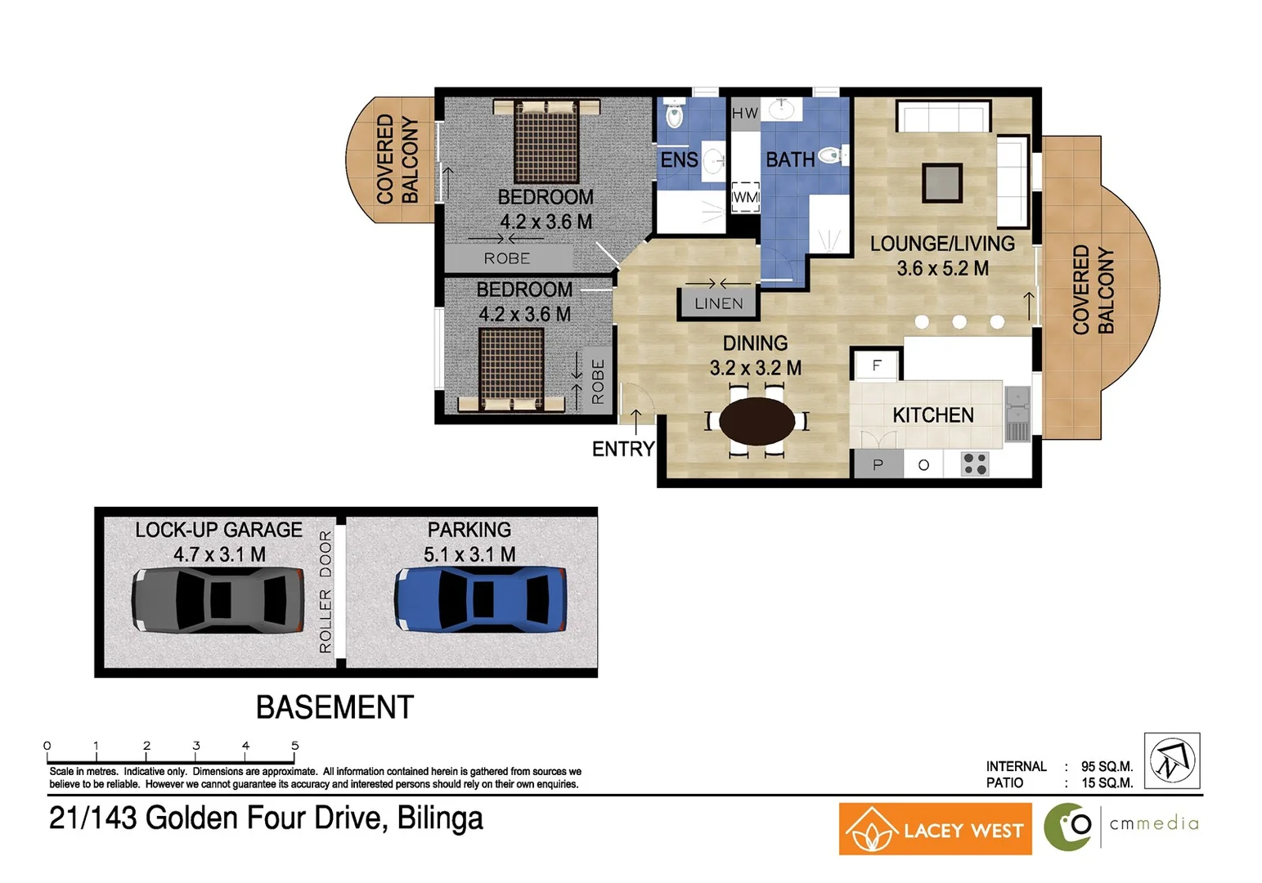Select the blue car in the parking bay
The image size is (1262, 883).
(x=480, y=599)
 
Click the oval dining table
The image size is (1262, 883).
(x=757, y=421)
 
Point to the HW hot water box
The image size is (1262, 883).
(x=744, y=113)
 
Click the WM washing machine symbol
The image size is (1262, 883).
(x=745, y=197)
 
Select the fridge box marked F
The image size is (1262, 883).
(x=877, y=365)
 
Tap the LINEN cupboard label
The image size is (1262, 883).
(x=719, y=303)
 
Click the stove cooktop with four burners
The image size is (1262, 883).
(x=974, y=464)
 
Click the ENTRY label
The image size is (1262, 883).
(x=623, y=449)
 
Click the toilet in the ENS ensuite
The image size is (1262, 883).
(x=675, y=115)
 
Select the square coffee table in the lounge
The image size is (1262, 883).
(x=941, y=182)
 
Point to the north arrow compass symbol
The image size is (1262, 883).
(x=1171, y=760)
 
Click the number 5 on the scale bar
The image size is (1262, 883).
(x=295, y=746)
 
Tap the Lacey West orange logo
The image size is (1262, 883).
(x=935, y=829)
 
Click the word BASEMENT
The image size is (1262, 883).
(x=335, y=707)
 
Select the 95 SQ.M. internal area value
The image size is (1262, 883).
(x=1106, y=766)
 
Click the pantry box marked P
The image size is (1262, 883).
(x=878, y=464)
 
